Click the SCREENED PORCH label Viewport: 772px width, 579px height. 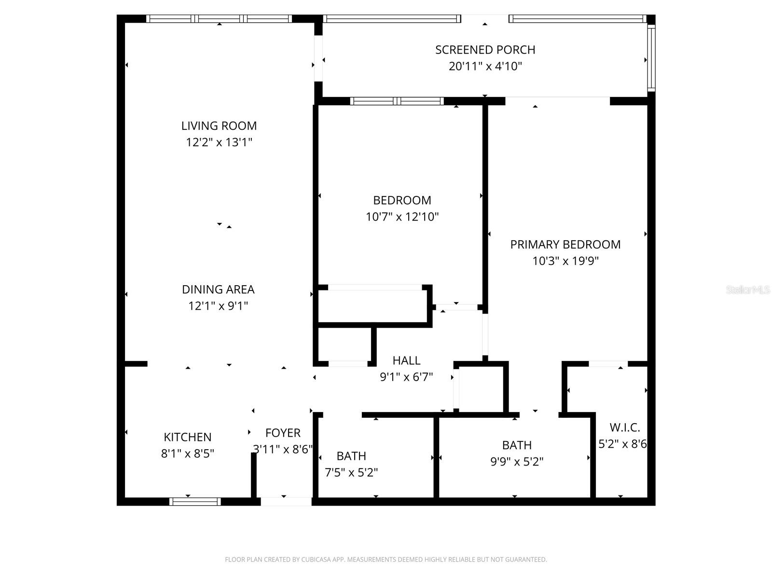pos(485,50)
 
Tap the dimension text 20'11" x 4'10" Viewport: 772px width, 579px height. pos(485,67)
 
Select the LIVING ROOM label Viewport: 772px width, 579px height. pos(219,126)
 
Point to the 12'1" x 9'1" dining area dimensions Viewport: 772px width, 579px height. pos(218,306)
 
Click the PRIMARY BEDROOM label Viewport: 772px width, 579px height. pos(565,245)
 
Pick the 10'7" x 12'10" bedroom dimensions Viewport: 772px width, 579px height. pos(402,217)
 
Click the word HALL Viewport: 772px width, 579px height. pos(406,360)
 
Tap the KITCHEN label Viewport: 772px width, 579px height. pos(187,437)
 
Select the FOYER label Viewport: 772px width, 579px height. pos(283,433)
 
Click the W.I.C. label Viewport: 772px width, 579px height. pos(624,427)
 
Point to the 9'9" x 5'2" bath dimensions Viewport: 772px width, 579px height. pos(517,462)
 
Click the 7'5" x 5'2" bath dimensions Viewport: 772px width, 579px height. pos(351,472)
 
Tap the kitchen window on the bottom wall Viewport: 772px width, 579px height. pos(195,502)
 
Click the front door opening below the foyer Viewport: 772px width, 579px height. pos(286,502)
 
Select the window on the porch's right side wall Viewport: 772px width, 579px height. pos(651,58)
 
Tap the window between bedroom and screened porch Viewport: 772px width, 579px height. pos(397,101)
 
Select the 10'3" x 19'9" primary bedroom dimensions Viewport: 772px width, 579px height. pos(565,261)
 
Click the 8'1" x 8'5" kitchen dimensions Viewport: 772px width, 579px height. pos(187,454)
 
